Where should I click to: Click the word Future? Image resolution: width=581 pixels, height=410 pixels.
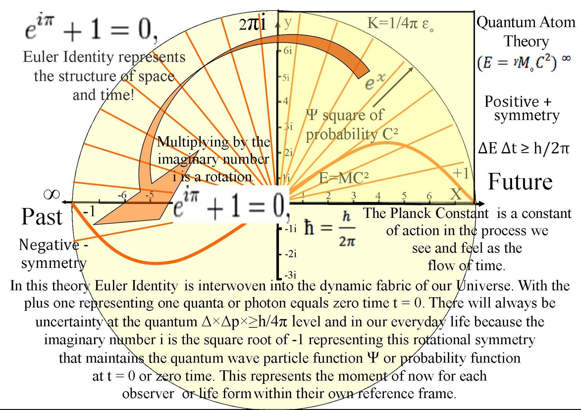click(x=520, y=182)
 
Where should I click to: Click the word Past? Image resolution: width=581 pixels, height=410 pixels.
click(x=42, y=217)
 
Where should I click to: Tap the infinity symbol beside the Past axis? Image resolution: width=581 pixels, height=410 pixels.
click(x=52, y=195)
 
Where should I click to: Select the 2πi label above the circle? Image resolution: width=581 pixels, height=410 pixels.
click(x=252, y=24)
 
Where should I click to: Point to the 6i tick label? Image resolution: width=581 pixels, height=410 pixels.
click(x=288, y=51)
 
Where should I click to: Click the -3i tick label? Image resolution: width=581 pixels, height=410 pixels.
click(x=290, y=275)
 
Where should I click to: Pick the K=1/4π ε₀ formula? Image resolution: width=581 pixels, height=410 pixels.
click(x=400, y=24)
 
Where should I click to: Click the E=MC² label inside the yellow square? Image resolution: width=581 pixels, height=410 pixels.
click(x=344, y=178)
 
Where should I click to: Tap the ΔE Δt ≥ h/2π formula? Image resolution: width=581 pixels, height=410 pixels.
click(x=524, y=148)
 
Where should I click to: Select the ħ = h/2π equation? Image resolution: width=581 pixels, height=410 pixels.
click(x=330, y=228)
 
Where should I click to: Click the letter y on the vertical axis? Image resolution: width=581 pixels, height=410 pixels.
click(x=288, y=22)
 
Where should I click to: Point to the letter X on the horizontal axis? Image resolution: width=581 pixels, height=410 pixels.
click(x=456, y=194)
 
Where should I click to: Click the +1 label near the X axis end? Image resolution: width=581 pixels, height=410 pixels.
click(x=461, y=174)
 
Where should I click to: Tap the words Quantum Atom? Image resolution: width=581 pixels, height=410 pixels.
click(x=526, y=22)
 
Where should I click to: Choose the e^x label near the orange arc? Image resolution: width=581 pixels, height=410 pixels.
click(x=375, y=82)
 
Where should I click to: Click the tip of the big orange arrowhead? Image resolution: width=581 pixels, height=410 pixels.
click(x=94, y=224)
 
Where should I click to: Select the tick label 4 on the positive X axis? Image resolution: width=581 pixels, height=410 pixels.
click(x=378, y=196)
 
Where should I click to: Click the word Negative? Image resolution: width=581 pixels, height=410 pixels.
click(x=49, y=245)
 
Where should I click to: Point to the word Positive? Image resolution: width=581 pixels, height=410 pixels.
click(x=512, y=102)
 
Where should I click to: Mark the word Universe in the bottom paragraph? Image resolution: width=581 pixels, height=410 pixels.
click(x=484, y=286)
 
